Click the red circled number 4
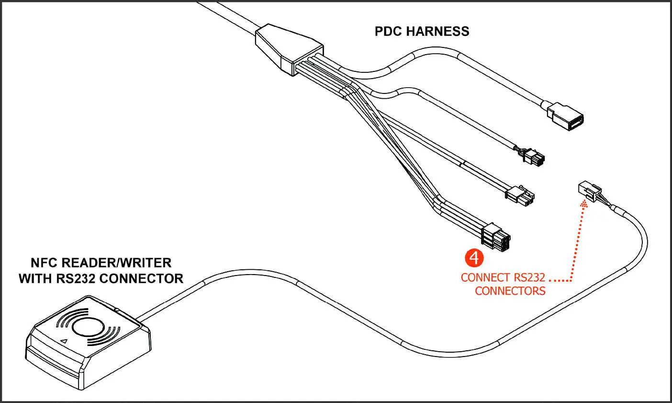click(x=474, y=257)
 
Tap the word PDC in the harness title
click(x=388, y=32)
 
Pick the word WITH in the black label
click(x=35, y=278)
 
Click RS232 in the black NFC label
click(x=78, y=278)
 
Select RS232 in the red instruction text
click(x=529, y=278)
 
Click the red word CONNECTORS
click(x=510, y=291)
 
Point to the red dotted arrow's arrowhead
click(x=583, y=205)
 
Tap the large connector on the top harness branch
click(x=566, y=115)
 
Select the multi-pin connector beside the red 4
click(x=497, y=238)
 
